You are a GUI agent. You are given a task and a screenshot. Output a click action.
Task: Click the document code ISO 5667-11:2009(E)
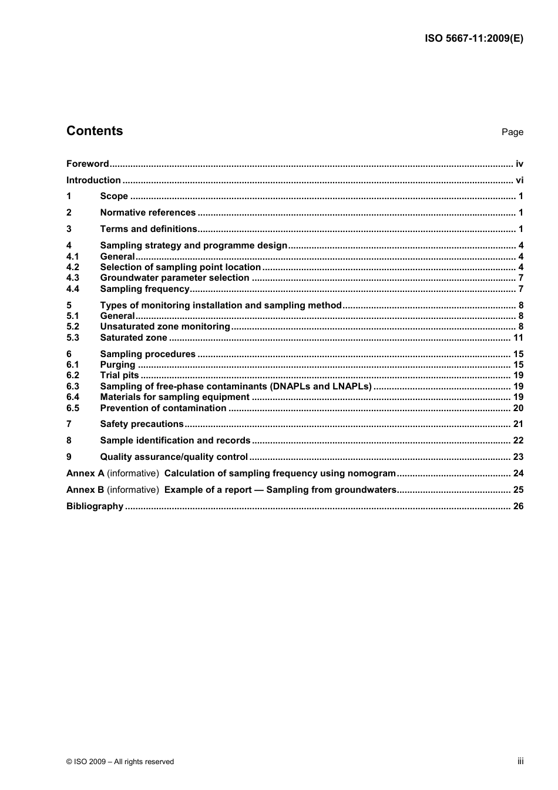tap(473, 39)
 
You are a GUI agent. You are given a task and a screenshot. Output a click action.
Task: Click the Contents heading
tap(95, 131)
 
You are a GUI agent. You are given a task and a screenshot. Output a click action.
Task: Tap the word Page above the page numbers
tap(512, 132)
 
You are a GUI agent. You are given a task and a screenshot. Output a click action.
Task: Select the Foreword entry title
tap(88, 164)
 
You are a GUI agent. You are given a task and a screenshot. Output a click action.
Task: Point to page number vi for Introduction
tap(519, 180)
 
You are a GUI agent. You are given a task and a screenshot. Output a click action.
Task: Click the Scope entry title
tap(114, 196)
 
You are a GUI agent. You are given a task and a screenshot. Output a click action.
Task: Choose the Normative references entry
tap(148, 213)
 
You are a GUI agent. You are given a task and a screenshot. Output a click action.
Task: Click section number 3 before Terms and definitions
tap(69, 229)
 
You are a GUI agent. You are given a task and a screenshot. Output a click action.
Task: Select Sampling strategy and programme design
tap(194, 246)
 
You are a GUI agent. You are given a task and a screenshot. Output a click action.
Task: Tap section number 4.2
tap(72, 267)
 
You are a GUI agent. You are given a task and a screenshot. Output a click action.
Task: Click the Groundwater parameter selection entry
tap(174, 278)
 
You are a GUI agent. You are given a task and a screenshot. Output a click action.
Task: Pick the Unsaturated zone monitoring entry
tap(165, 327)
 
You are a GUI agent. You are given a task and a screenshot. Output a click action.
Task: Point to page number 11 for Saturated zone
tap(518, 338)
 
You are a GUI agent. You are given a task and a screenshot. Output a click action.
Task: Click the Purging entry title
tap(117, 365)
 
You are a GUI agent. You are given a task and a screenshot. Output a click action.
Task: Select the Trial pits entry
tap(119, 375)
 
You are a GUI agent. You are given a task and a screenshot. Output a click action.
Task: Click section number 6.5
tap(72, 408)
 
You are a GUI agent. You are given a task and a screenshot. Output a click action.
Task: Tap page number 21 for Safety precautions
tap(518, 424)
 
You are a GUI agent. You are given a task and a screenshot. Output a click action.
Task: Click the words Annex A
tap(85, 473)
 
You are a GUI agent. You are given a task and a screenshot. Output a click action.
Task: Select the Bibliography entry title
tap(95, 506)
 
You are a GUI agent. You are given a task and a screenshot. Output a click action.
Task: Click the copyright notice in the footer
tap(120, 762)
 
